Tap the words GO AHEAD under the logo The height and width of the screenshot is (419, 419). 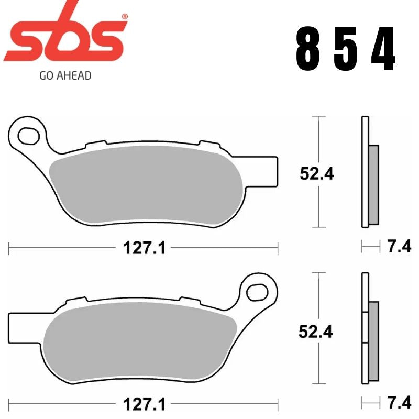click(65, 75)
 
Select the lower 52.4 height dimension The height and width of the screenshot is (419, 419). click(316, 331)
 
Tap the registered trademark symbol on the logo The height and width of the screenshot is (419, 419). click(124, 17)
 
